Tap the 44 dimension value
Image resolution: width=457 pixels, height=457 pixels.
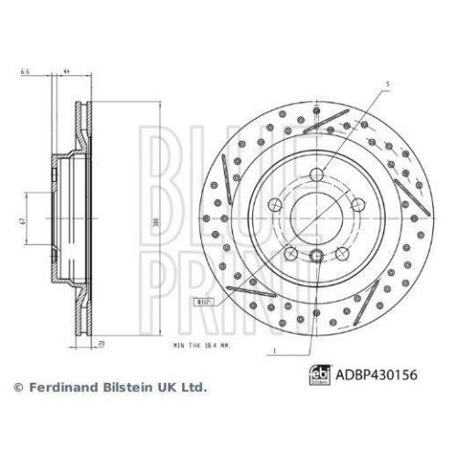[67, 70]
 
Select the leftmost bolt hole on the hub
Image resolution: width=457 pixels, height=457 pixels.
[275, 205]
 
